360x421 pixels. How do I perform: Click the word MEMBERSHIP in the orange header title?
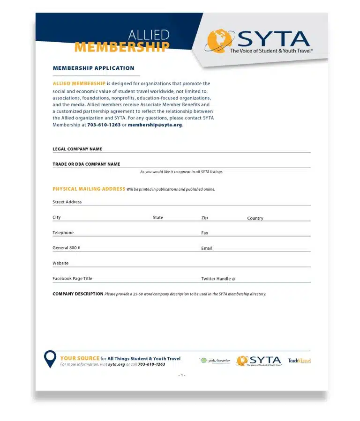122,47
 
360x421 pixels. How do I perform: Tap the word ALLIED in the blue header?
149,35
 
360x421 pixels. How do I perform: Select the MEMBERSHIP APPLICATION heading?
93,68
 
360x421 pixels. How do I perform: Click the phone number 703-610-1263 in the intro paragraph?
104,125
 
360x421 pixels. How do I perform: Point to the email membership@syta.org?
155,125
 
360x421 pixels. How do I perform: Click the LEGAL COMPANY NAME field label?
77,149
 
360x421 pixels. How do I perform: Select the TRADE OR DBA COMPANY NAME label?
86,164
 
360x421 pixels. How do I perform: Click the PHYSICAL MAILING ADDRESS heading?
89,189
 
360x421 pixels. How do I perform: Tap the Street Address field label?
67,202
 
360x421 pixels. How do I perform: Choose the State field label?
158,218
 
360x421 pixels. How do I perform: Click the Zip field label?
204,218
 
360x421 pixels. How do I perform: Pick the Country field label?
255,218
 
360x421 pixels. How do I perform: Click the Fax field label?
205,233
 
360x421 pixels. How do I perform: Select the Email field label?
207,248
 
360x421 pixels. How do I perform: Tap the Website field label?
60,263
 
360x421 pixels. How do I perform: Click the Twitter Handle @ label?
218,279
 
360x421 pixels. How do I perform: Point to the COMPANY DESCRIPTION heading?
78,294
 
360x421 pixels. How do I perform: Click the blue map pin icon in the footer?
50,359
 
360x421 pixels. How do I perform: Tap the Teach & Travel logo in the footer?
299,361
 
